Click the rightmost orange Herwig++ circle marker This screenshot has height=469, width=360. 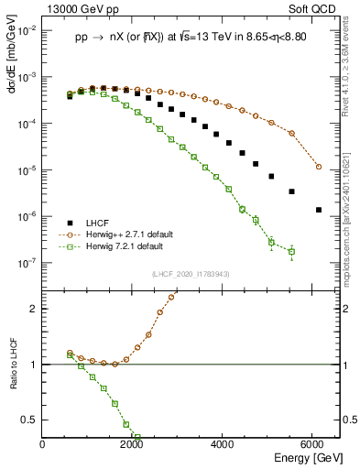[319, 167]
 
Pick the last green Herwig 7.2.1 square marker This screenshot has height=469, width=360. [291, 251]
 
